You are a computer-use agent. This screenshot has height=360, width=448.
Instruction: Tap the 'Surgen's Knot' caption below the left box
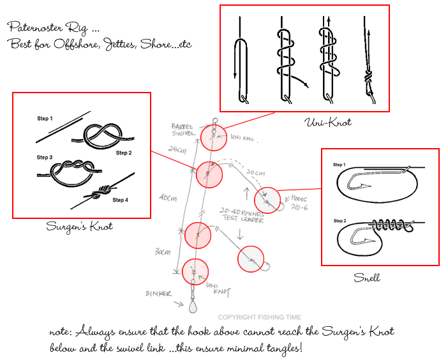(x=79, y=226)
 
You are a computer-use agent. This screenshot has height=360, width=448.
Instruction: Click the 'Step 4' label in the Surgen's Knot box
(x=121, y=200)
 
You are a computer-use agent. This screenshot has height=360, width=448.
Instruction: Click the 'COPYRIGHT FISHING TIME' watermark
(x=260, y=317)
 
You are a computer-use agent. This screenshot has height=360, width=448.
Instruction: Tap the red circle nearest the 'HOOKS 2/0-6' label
(x=268, y=199)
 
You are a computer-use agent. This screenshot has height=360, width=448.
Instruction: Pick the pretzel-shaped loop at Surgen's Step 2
(x=102, y=135)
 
